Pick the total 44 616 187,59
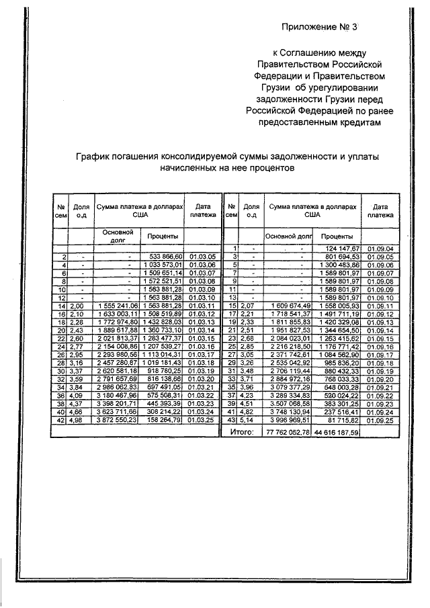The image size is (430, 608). click(x=337, y=432)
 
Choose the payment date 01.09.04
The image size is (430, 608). click(x=380, y=249)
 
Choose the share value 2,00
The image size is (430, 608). click(x=81, y=305)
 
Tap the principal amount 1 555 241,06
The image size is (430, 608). click(x=116, y=305)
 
